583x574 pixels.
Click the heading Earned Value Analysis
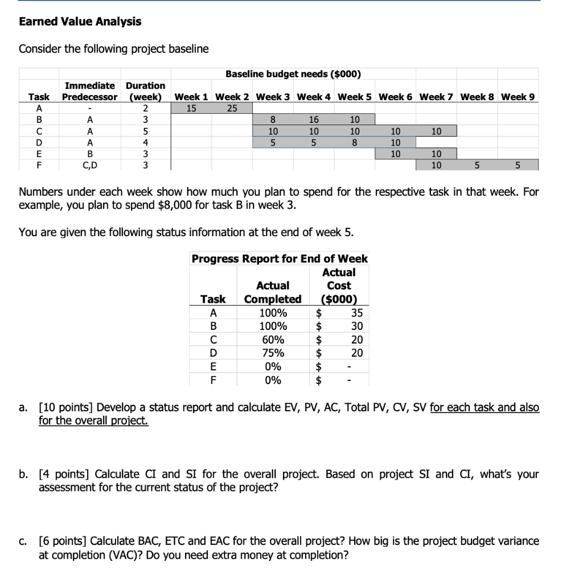[x=80, y=22]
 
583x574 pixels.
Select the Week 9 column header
[x=518, y=97]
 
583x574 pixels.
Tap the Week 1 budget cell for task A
[x=191, y=108]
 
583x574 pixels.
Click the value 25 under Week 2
[x=232, y=108]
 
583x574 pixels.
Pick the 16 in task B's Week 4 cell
[x=314, y=120]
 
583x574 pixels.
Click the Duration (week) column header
[x=145, y=91]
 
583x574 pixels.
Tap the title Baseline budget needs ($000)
[x=293, y=74]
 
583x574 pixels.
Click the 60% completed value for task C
[x=273, y=340]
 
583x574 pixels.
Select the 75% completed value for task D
[x=273, y=353]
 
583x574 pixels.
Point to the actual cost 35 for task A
[x=356, y=313]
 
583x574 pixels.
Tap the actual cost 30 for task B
[x=356, y=327]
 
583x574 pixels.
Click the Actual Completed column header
[x=273, y=292]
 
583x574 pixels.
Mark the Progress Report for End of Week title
[x=280, y=259]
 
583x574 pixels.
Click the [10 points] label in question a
[x=67, y=407]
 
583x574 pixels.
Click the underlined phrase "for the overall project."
[x=93, y=421]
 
